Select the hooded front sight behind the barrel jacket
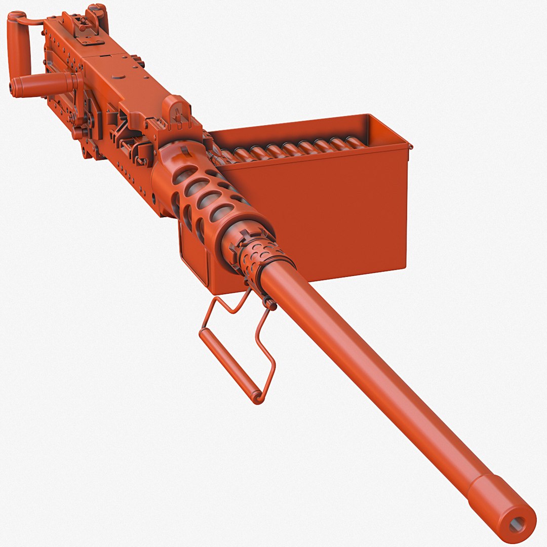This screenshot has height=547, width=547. (175, 109)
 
